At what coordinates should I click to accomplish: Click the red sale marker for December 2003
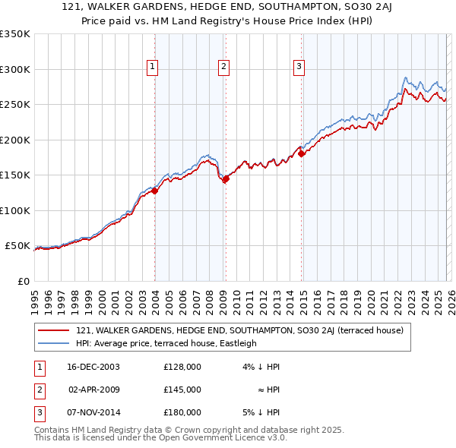(154, 191)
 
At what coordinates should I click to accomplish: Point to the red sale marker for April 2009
(226, 179)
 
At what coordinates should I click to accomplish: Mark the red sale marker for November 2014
(302, 154)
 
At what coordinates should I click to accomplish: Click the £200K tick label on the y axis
(14, 140)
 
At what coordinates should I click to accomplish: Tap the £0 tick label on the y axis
(21, 281)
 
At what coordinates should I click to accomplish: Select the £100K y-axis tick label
(14, 210)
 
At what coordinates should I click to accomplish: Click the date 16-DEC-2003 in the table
(94, 367)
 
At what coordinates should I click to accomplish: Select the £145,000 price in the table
(182, 390)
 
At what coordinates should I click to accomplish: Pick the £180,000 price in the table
(182, 412)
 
